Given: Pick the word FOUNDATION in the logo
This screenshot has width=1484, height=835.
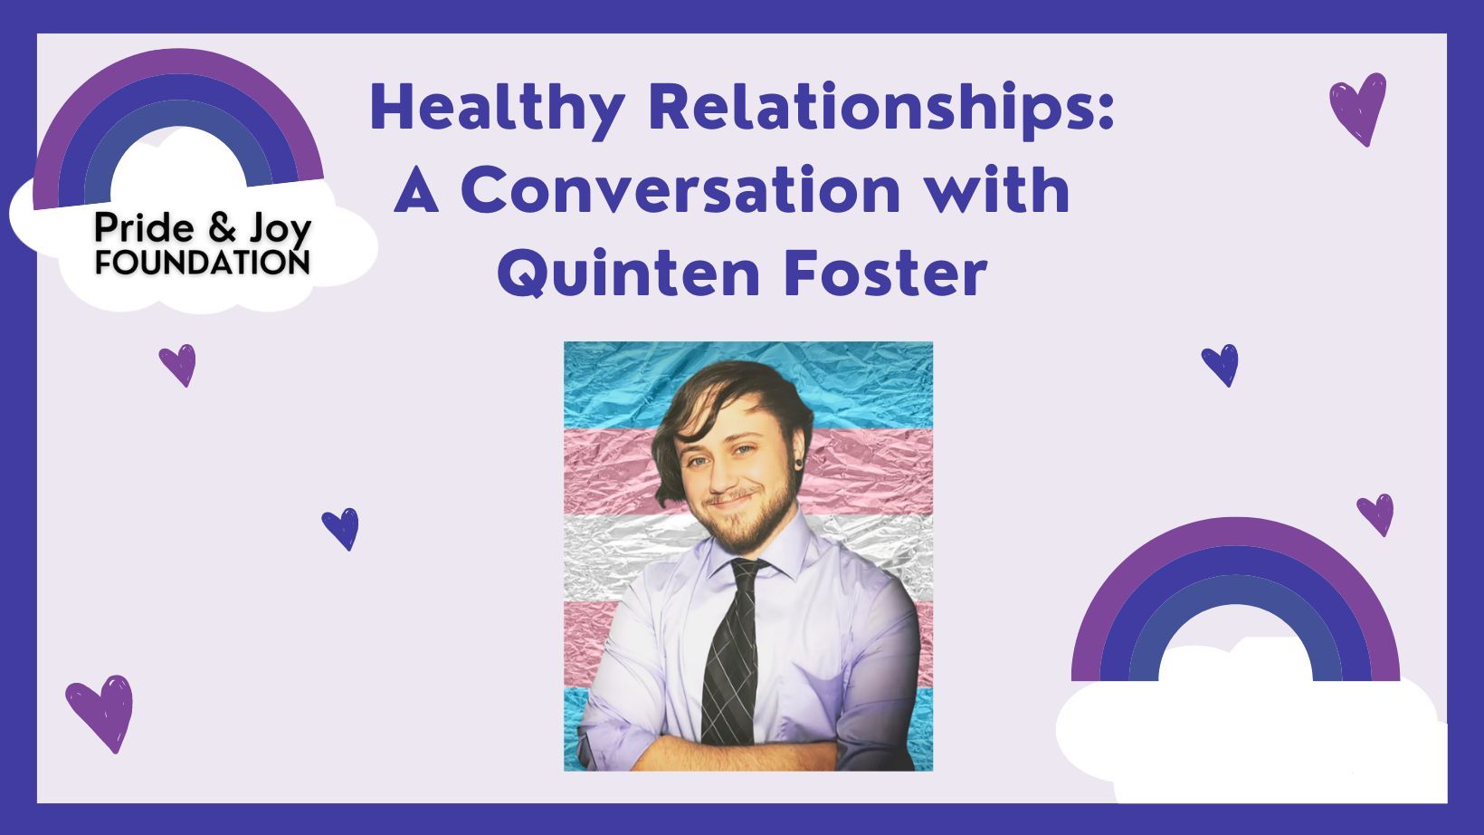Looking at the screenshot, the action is (x=202, y=263).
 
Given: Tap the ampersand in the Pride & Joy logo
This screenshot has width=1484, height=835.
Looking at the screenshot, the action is (x=222, y=227).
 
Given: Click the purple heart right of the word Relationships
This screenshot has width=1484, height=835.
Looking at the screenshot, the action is (x=1357, y=108).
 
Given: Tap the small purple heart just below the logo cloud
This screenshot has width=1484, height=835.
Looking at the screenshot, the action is (x=177, y=365).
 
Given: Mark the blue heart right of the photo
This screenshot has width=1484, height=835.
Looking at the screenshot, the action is (x=1220, y=365).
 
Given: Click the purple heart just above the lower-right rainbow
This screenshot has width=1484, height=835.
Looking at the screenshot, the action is (x=1375, y=514).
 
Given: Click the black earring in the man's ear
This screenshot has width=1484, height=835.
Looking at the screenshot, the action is (x=800, y=462).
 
